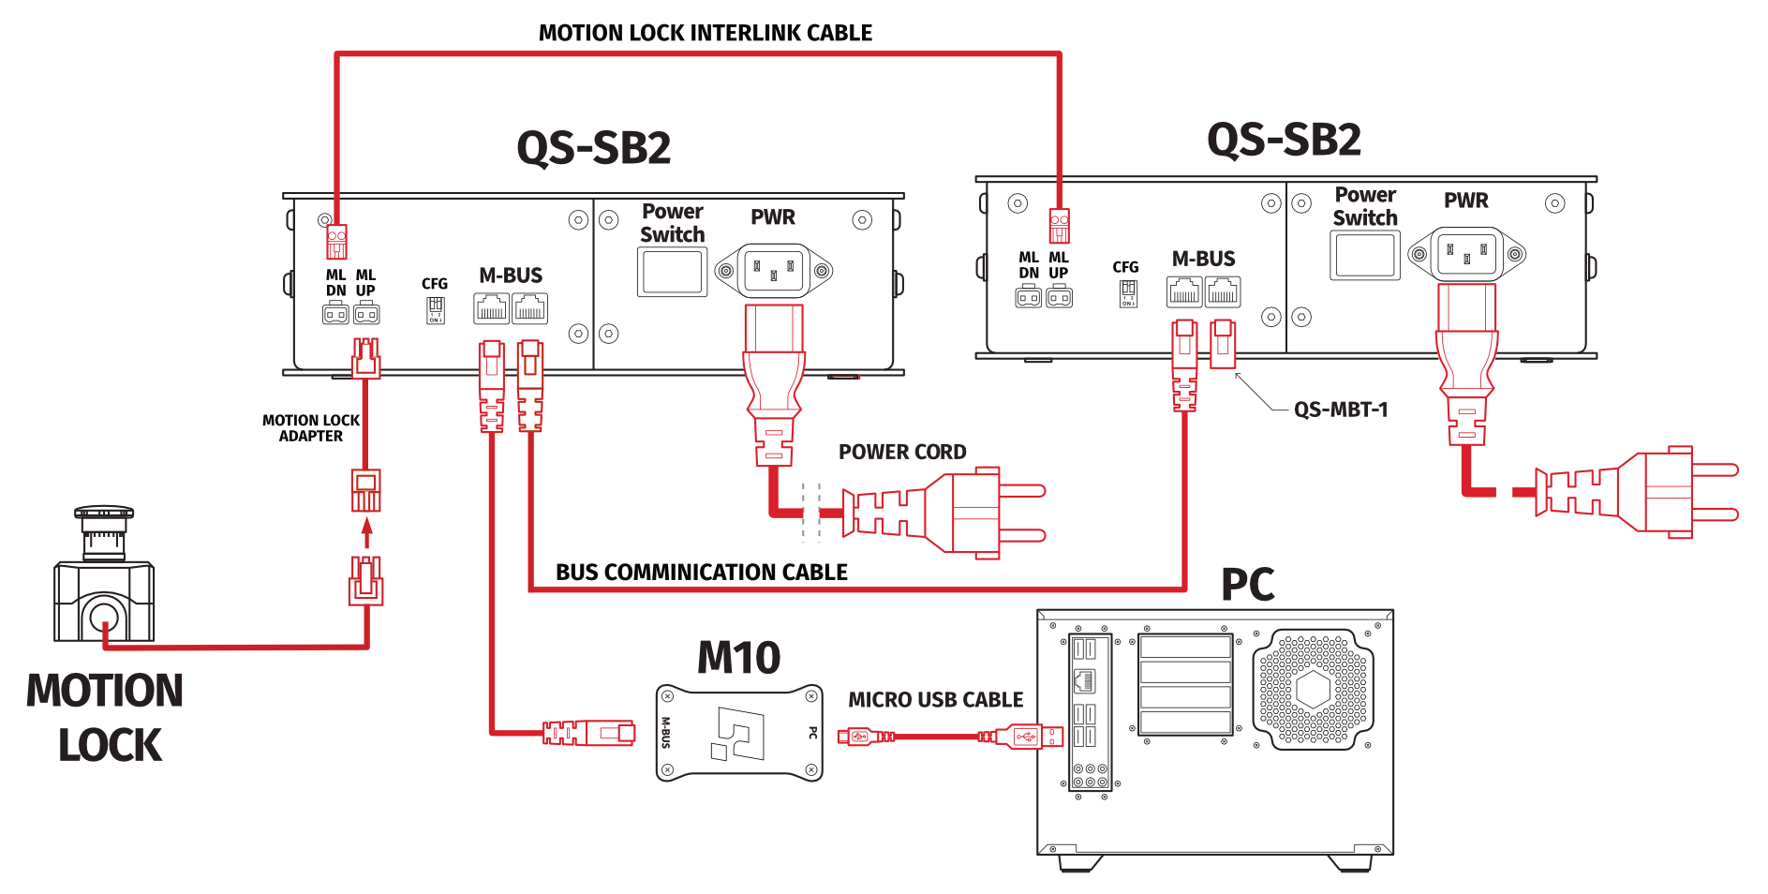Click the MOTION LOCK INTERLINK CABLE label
tap(705, 33)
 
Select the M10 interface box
tap(739, 733)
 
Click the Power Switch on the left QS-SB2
tap(672, 272)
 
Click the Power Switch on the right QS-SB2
tap(1365, 255)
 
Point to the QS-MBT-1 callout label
tap(1340, 410)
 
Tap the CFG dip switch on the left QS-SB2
tap(436, 308)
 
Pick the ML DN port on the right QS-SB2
tap(1029, 298)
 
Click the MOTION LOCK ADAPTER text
tap(310, 428)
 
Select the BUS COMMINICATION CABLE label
tap(701, 572)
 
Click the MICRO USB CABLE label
tap(935, 700)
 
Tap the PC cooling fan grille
tap(1313, 690)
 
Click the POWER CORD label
tap(901, 452)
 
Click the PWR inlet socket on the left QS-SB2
tap(774, 271)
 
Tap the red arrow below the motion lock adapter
tap(367, 532)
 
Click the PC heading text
tap(1247, 585)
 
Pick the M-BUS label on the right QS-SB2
tap(1203, 259)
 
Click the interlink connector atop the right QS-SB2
tap(1059, 226)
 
